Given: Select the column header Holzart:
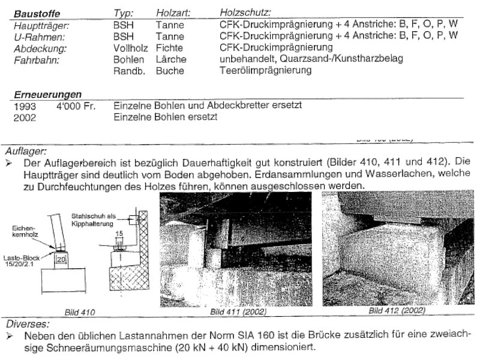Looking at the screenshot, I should (x=173, y=13).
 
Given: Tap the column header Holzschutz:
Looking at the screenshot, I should (x=246, y=13).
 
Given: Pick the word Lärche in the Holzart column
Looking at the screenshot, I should (x=171, y=59).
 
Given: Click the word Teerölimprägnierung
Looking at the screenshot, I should (x=266, y=70).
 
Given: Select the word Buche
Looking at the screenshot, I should (x=170, y=70).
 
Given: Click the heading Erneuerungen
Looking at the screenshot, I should (x=47, y=94).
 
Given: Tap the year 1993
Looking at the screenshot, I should (x=25, y=106).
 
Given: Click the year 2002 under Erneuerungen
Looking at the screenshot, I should (x=25, y=117).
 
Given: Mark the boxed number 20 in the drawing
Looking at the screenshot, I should (x=59, y=259).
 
